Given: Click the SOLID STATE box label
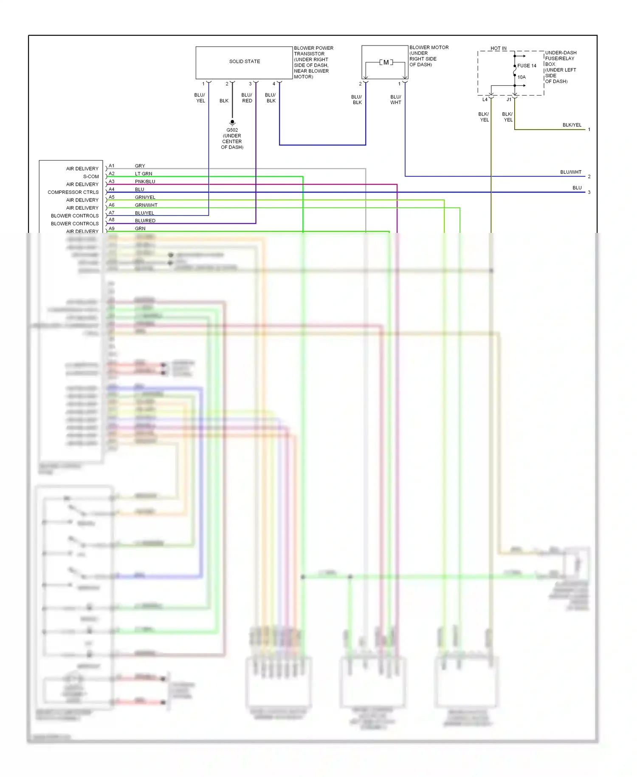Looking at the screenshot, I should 245,62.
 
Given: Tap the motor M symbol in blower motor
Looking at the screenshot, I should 386,62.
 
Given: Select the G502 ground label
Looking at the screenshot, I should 232,130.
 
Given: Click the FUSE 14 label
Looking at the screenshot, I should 527,66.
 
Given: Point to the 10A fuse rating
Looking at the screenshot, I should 521,77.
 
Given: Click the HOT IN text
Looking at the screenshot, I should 498,48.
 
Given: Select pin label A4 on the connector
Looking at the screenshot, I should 112,189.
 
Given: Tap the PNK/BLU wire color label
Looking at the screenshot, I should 145,181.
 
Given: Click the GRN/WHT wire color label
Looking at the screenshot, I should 146,205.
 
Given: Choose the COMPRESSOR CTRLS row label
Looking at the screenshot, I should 73,192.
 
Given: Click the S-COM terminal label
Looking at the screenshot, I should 91,176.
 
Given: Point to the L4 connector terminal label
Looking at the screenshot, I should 485,99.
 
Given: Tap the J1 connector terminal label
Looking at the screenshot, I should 509,99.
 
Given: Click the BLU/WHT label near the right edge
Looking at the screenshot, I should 570,172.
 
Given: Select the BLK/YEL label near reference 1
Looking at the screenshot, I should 572,125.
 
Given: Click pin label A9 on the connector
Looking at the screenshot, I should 112,228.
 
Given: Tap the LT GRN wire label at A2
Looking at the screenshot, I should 144,174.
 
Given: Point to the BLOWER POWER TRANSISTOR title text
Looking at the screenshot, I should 313,51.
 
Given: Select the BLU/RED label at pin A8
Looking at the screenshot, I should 145,221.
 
